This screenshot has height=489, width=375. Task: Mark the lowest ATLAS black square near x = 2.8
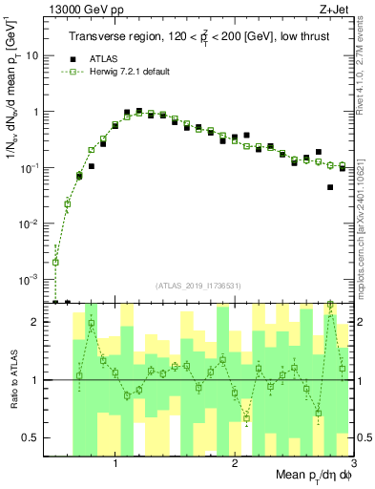[x=330, y=187]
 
